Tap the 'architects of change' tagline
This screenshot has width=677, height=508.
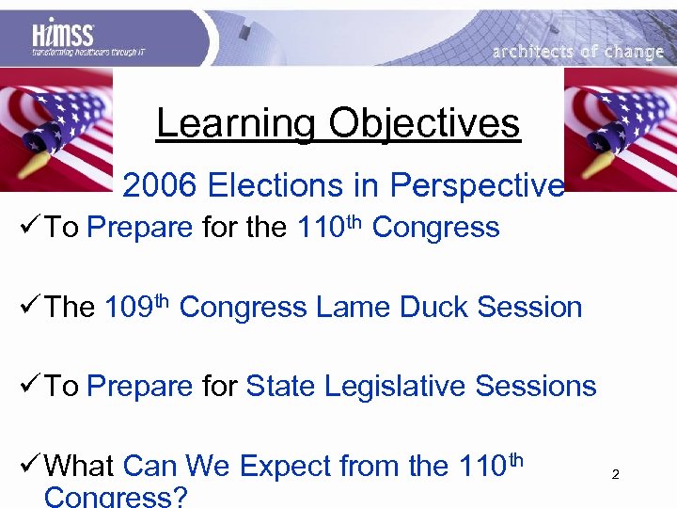point(577,52)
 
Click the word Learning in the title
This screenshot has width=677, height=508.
point(236,123)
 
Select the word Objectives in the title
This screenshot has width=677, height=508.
point(424,123)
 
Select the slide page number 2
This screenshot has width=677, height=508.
point(615,475)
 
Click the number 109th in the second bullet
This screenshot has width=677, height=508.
point(136,306)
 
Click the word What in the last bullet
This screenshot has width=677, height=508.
point(79,466)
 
